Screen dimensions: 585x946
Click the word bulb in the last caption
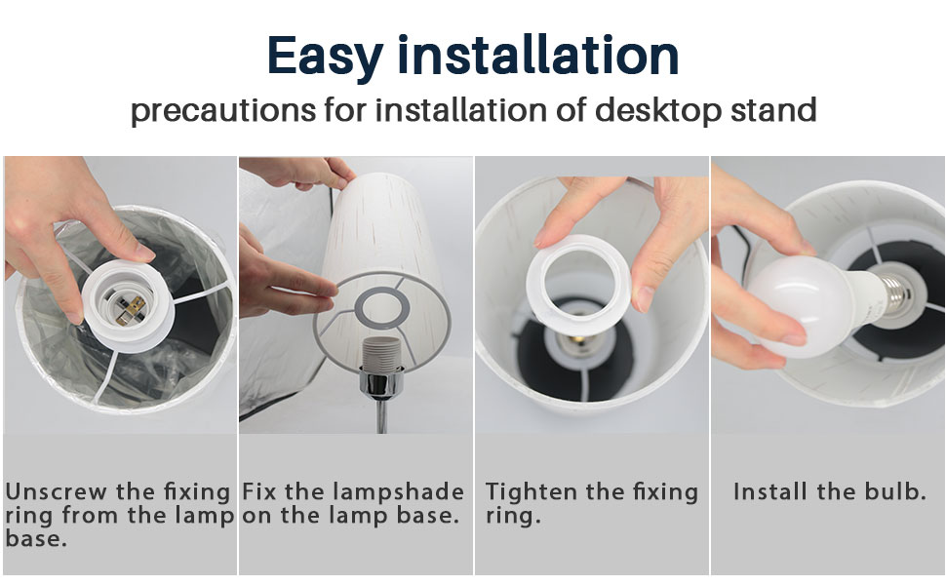click(894, 491)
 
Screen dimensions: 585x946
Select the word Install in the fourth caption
click(770, 491)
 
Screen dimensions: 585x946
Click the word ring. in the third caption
click(513, 516)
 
